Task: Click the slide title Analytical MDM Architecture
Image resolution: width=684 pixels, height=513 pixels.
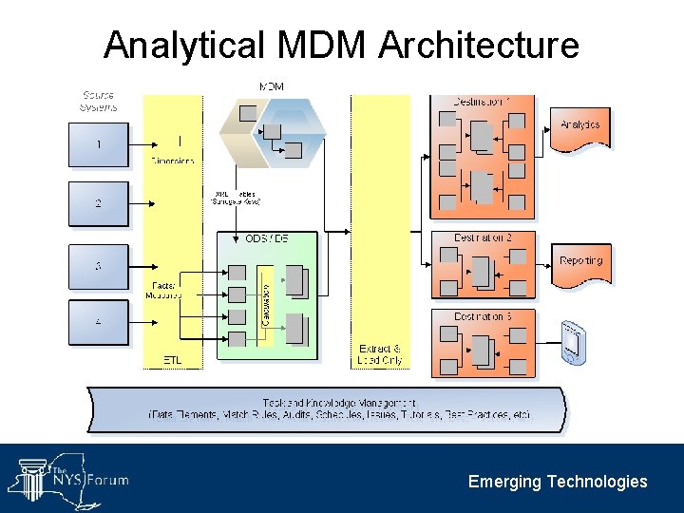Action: pyautogui.click(x=341, y=45)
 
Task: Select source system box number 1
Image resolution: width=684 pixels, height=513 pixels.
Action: pyautogui.click(x=98, y=144)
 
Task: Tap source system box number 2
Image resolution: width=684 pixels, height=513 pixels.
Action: pyautogui.click(x=98, y=203)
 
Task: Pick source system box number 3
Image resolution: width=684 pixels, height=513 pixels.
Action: pyautogui.click(x=98, y=267)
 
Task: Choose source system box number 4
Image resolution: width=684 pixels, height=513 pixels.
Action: pyautogui.click(x=98, y=322)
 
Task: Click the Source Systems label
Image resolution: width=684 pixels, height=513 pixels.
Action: pyautogui.click(x=98, y=100)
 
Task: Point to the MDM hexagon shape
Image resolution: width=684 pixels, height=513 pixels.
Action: pyautogui.click(x=272, y=134)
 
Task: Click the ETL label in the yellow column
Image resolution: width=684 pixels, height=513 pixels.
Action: pyautogui.click(x=172, y=360)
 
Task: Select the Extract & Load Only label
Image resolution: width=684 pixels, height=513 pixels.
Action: pyautogui.click(x=380, y=354)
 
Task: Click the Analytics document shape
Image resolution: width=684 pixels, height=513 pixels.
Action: pyautogui.click(x=579, y=127)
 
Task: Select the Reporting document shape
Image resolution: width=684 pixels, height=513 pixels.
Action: pyautogui.click(x=580, y=263)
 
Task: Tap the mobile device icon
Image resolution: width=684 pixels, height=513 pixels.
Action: pyautogui.click(x=572, y=342)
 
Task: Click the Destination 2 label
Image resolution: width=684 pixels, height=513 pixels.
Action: pyautogui.click(x=483, y=237)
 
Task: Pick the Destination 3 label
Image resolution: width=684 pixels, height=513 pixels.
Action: pyautogui.click(x=483, y=316)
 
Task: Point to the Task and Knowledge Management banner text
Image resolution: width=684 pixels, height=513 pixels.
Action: pyautogui.click(x=339, y=409)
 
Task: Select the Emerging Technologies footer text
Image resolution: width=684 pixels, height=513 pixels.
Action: pyautogui.click(x=558, y=482)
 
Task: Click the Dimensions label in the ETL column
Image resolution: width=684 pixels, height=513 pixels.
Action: pyautogui.click(x=172, y=161)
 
